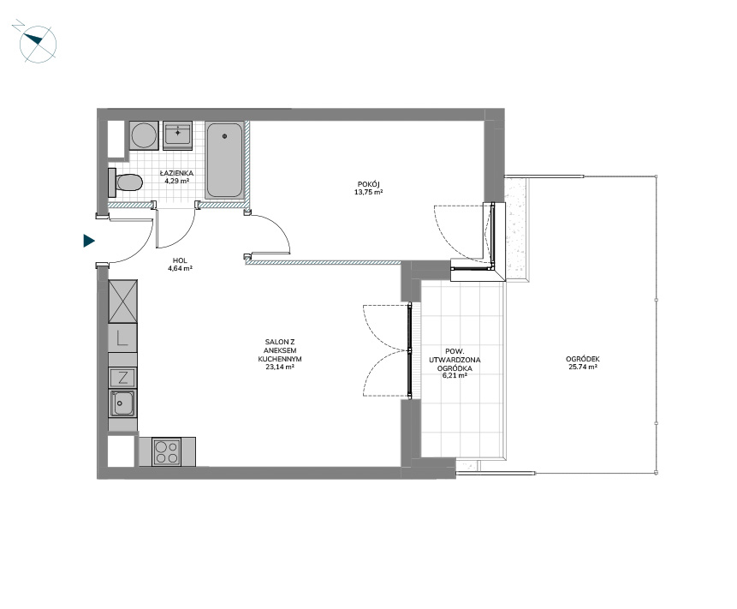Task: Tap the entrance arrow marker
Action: pos(89,241)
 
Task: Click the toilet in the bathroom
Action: pos(125,182)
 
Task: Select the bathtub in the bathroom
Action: pos(224,160)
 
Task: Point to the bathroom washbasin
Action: pos(178,135)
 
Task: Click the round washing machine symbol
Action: pos(145,135)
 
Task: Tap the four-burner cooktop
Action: pos(167,452)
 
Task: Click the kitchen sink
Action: pos(122,403)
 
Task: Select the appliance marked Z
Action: pos(122,378)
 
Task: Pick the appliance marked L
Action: pos(122,337)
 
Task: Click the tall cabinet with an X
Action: pos(122,302)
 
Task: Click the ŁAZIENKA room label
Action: pos(176,173)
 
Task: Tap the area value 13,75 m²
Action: pos(368,192)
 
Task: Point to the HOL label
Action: pos(180,260)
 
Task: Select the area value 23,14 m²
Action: pos(280,367)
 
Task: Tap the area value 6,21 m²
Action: pos(455,376)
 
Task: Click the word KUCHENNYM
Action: pos(280,359)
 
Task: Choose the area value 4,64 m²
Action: pos(180,268)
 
